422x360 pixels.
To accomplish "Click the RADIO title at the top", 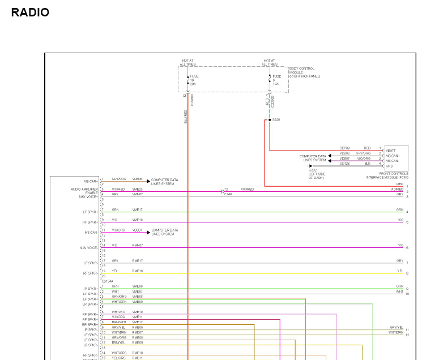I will (30, 12).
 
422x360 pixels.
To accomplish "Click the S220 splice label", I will (276, 120).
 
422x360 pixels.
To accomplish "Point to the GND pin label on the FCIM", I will (390, 166).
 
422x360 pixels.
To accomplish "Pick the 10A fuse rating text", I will (275, 84).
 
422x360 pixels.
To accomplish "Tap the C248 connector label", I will (228, 194).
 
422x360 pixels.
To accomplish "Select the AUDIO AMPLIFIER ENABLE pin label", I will (84, 191).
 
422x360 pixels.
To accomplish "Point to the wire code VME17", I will (138, 209).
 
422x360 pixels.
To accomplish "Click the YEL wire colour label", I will (115, 271).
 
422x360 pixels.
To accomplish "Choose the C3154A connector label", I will (108, 281).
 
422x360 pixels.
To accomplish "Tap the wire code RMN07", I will (138, 245).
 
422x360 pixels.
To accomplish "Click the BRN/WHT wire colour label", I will (118, 322).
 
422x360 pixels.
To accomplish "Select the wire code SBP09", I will (344, 148).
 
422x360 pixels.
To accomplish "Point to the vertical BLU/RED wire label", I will (185, 117).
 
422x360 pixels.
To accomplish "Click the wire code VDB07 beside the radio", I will (138, 230).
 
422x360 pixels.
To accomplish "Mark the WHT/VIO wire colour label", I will (118, 312).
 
